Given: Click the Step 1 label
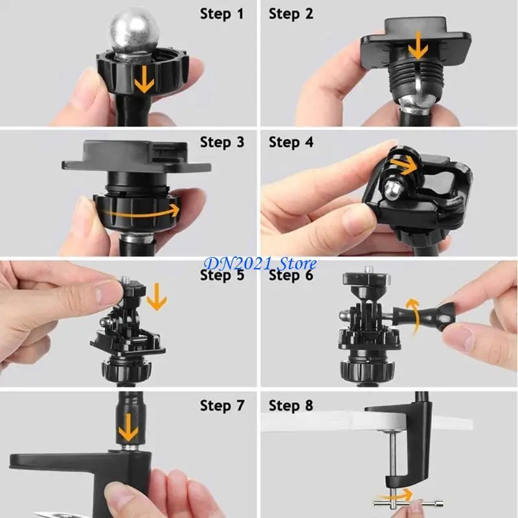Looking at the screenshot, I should tap(222, 14).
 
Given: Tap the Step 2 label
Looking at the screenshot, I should tap(291, 14).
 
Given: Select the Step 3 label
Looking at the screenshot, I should tap(222, 142).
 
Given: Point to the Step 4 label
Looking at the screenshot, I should tap(291, 142).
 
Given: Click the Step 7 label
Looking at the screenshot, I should tap(222, 406).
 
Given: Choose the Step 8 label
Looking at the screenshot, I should tap(291, 406).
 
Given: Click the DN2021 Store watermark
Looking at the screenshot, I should tap(260, 264).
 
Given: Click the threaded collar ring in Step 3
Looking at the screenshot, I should tap(135, 211).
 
